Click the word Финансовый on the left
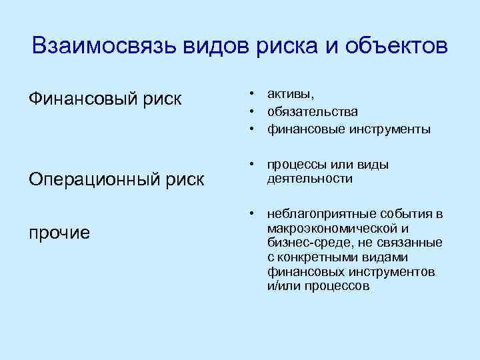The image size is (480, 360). (x=82, y=99)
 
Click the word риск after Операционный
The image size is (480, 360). (x=186, y=180)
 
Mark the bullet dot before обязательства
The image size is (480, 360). (x=254, y=111)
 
